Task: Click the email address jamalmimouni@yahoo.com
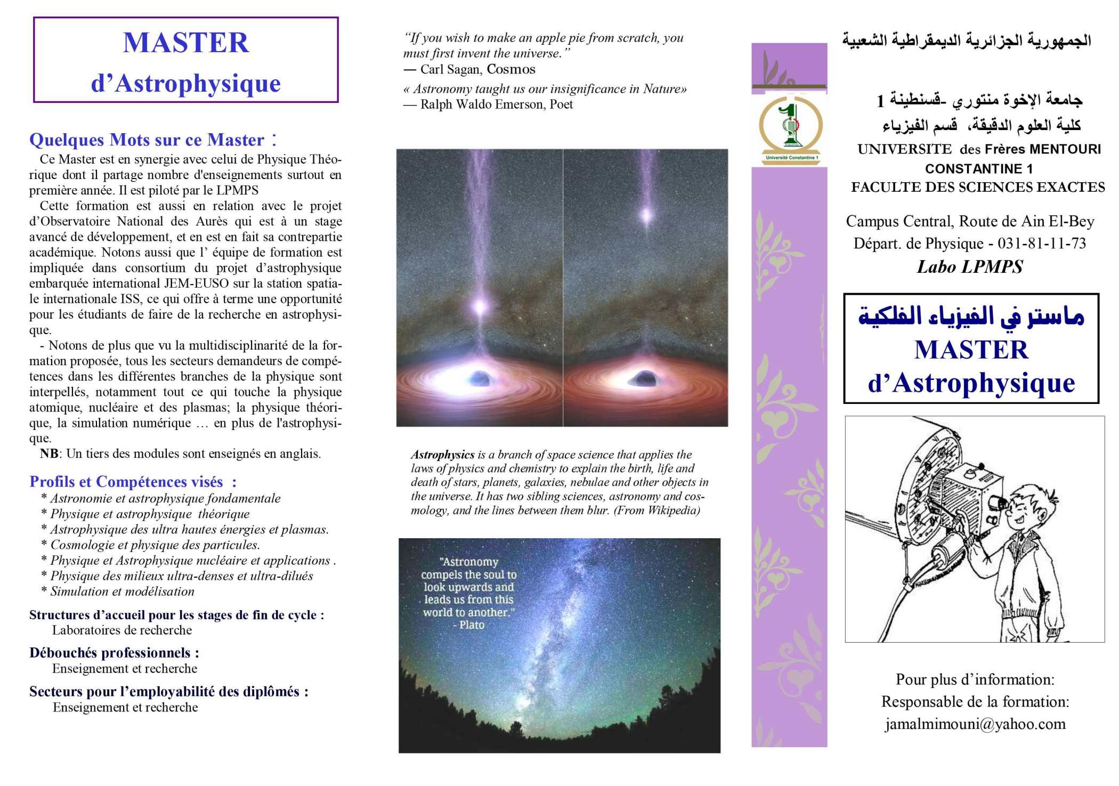[975, 724]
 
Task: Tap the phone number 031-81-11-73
[1042, 244]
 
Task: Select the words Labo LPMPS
[970, 266]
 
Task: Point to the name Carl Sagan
[451, 69]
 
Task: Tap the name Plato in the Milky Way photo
[472, 625]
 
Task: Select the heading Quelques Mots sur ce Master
[147, 140]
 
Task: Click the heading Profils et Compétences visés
[126, 482]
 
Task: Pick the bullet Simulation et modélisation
[122, 591]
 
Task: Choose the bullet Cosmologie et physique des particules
[155, 545]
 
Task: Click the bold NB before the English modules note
[49, 454]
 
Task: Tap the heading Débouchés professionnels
[114, 653]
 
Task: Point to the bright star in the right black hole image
[646, 216]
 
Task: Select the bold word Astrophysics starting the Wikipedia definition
[442, 455]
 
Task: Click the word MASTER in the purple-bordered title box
[186, 43]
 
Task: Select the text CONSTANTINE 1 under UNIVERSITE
[979, 169]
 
